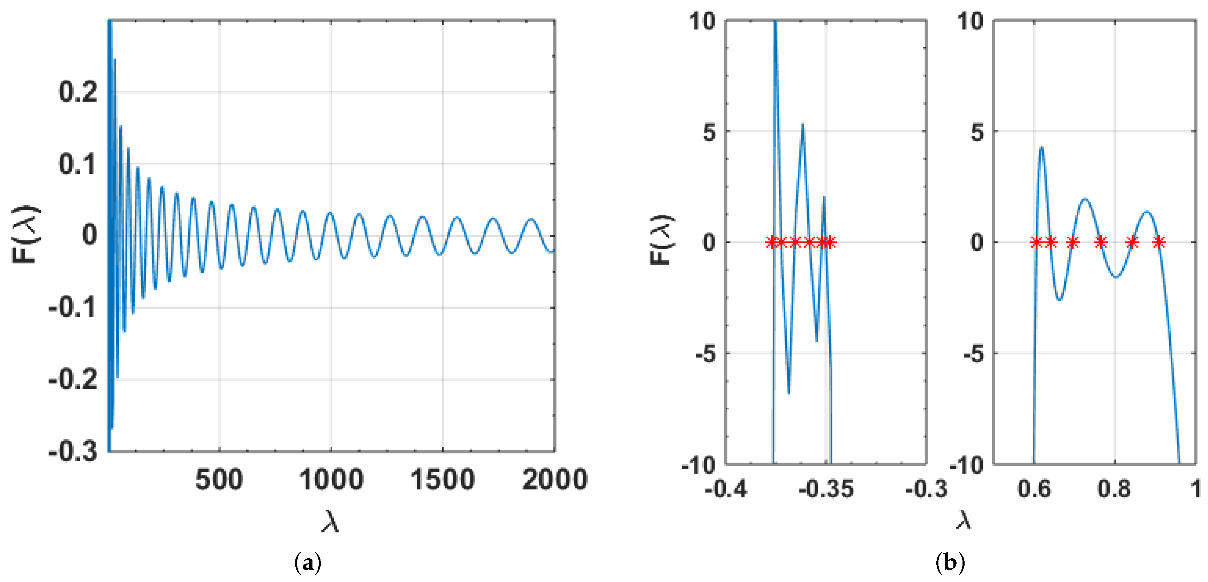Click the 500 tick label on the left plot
219,480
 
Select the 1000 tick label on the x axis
331,480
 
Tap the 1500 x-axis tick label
443,480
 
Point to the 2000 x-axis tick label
555,480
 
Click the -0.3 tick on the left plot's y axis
73,451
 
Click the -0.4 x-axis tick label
726,489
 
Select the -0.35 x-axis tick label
826,489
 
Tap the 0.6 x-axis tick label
1034,489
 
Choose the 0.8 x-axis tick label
1114,489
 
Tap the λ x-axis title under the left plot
330,521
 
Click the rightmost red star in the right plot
1159,242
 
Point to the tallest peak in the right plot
1042,147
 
